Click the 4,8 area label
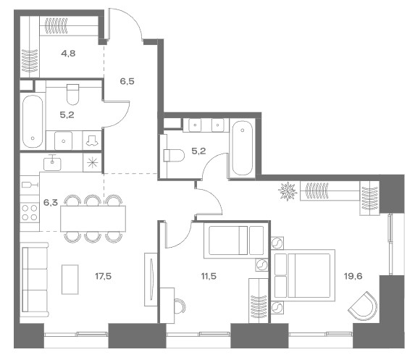tap(68, 54)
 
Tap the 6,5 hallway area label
tap(127, 81)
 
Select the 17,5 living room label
tap(104, 277)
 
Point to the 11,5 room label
tap(209, 277)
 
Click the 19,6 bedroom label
tap(353, 277)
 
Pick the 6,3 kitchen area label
tap(51, 203)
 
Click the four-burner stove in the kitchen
tap(30, 212)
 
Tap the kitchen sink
tap(52, 164)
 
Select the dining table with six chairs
tap(93, 219)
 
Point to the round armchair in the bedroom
tap(363, 306)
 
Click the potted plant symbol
tap(287, 191)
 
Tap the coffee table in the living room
tap(70, 280)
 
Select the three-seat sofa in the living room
tap(35, 280)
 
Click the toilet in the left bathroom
tap(72, 94)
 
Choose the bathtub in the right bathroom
tap(242, 148)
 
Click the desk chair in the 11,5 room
tap(180, 306)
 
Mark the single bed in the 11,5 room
tap(234, 240)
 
